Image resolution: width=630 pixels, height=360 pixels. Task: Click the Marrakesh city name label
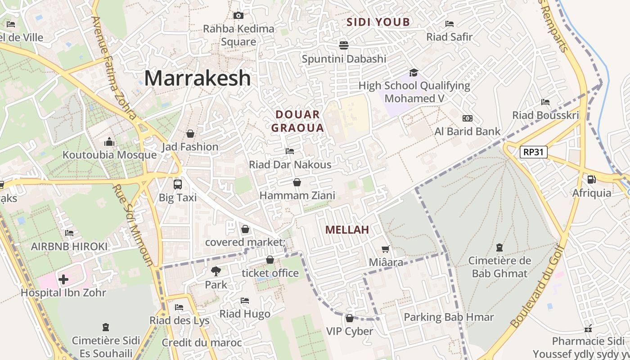197,78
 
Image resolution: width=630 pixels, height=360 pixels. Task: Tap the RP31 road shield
534,152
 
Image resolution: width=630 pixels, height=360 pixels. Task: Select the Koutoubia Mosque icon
109,142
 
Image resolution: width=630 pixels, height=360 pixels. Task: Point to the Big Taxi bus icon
178,184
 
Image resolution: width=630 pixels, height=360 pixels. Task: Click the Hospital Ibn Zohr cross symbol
63,279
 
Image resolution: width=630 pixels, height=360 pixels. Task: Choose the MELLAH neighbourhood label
347,230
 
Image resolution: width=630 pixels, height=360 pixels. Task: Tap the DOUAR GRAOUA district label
297,121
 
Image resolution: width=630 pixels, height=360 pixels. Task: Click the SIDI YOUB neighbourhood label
378,22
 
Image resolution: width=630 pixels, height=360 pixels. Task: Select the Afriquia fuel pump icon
592,180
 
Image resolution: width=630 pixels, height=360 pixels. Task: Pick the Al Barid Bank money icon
468,118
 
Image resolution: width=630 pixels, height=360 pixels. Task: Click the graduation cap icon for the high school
414,72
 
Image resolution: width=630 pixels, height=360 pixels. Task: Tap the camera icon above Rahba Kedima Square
238,16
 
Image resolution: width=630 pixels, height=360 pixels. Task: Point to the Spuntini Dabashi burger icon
344,45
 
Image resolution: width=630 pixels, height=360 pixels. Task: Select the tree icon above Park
216,271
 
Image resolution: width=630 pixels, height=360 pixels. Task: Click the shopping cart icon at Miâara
385,249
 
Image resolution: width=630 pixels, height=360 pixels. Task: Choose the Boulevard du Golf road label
537,286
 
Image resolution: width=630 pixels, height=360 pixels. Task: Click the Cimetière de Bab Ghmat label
499,267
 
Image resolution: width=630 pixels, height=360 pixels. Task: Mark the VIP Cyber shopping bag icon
350,318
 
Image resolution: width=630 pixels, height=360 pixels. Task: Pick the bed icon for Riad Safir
449,24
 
